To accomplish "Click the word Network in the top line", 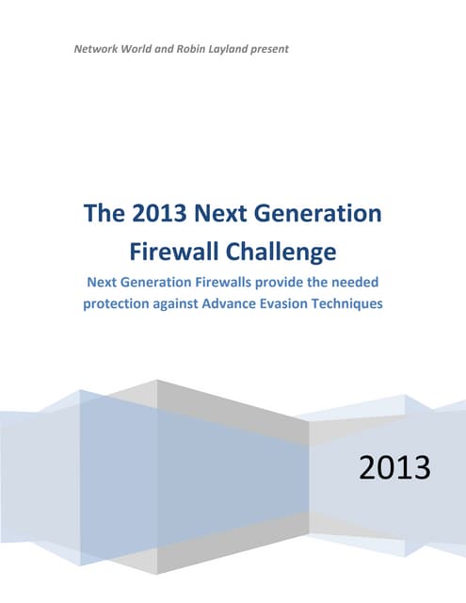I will (x=98, y=47).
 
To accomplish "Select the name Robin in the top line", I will (x=201, y=47).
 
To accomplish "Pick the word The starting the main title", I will (x=104, y=214).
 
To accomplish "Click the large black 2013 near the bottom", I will (x=394, y=466).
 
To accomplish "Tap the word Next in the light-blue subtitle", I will (x=103, y=282).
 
